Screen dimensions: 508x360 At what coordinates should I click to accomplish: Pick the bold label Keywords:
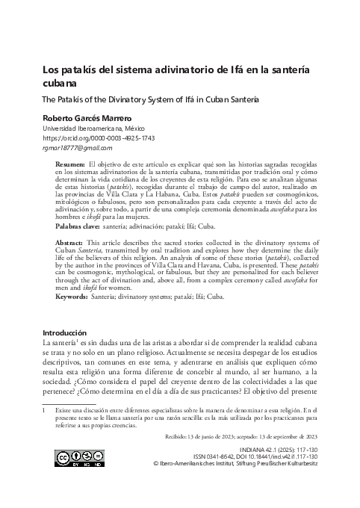[75, 297]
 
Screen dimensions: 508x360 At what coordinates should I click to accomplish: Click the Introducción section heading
[66, 332]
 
